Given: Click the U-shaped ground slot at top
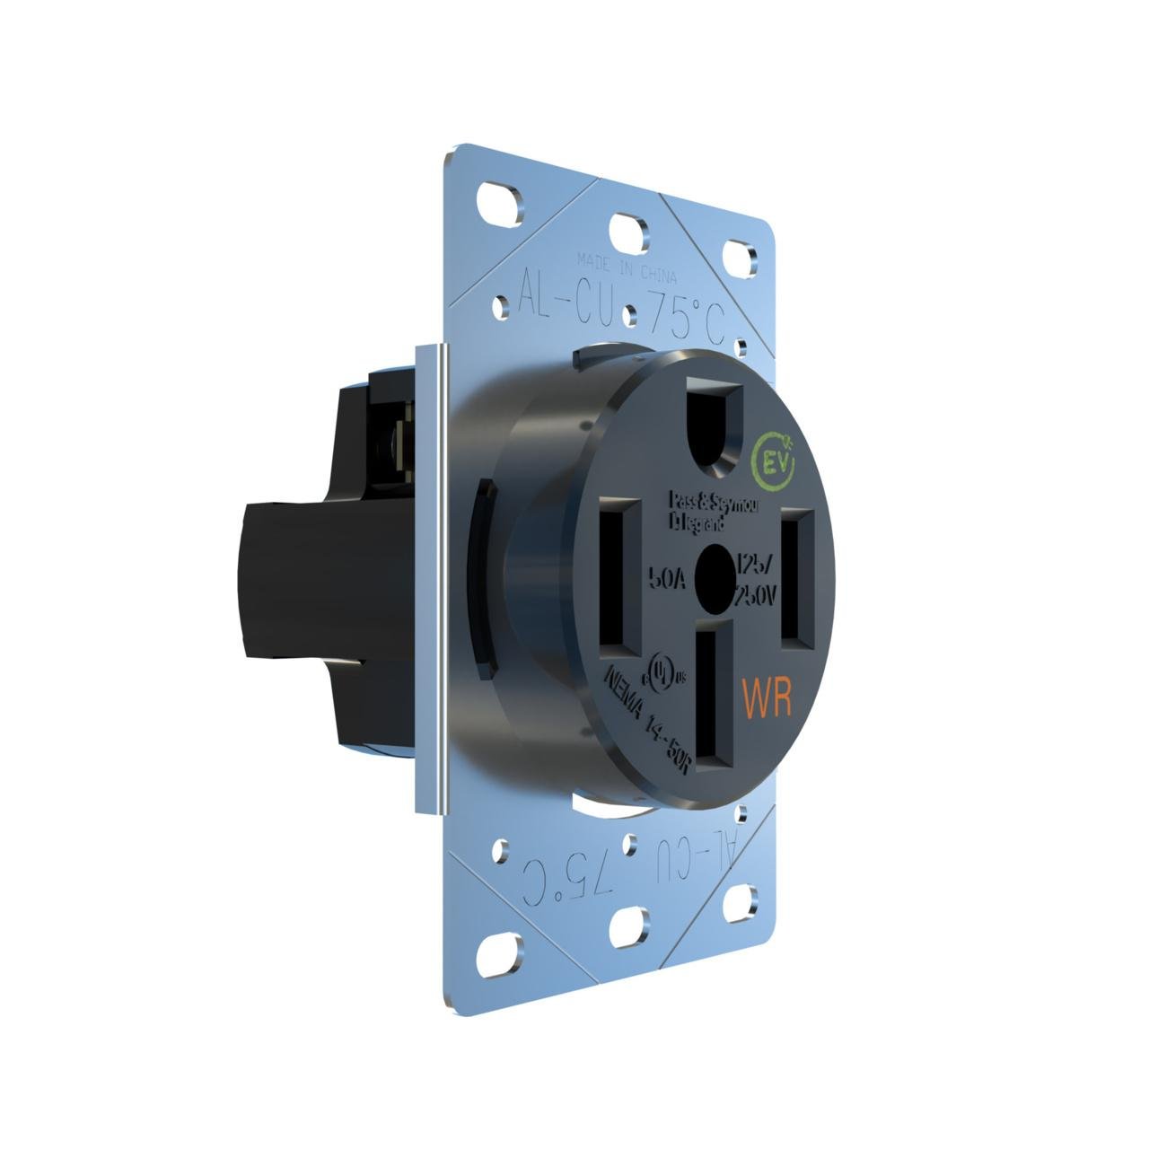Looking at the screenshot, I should pos(715,422).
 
